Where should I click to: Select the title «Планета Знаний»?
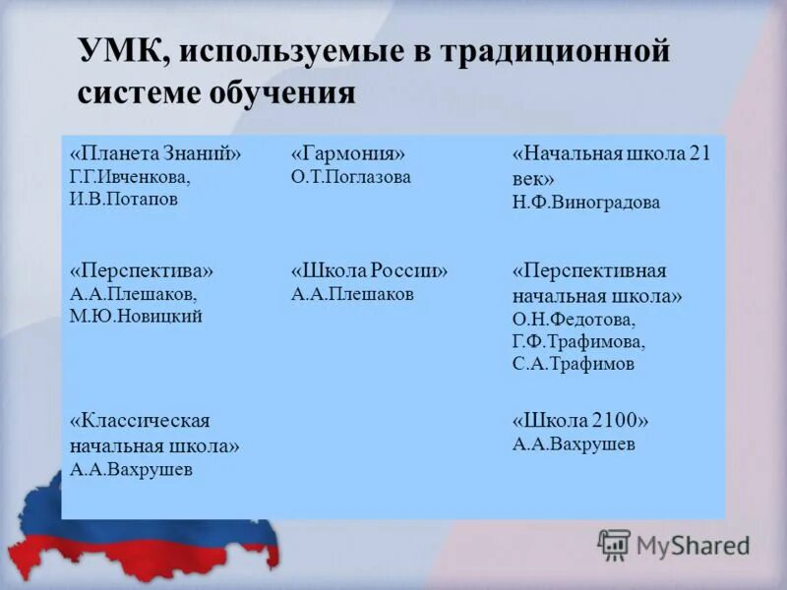[155, 154]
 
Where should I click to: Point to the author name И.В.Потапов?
[122, 198]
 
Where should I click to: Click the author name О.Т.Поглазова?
[351, 178]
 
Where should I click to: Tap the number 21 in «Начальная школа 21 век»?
[699, 154]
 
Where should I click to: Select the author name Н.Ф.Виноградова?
[586, 204]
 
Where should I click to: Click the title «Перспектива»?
[141, 270]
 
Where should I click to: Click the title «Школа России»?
[369, 270]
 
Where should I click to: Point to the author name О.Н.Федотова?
[574, 321]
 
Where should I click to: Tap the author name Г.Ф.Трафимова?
[578, 342]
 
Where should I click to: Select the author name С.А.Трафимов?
[574, 364]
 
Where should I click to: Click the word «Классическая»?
[140, 421]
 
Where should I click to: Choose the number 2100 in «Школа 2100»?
[617, 421]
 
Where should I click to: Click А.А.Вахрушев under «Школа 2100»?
[574, 444]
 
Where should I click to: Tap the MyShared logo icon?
[614, 544]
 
